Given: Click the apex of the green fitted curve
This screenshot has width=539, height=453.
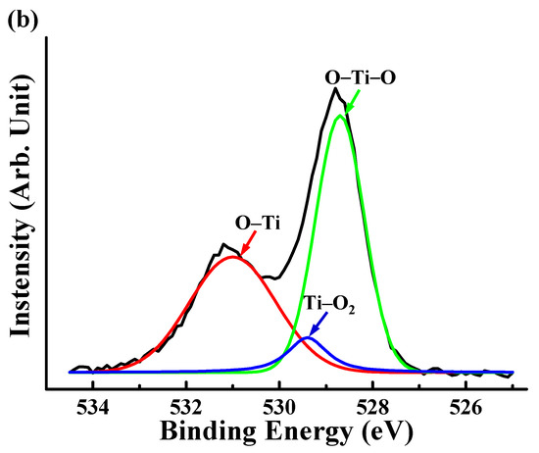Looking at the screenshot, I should [x=340, y=116].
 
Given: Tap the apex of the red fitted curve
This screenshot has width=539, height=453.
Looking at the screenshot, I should [x=232, y=257].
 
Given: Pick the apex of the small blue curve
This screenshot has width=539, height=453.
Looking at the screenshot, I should [x=308, y=337].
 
